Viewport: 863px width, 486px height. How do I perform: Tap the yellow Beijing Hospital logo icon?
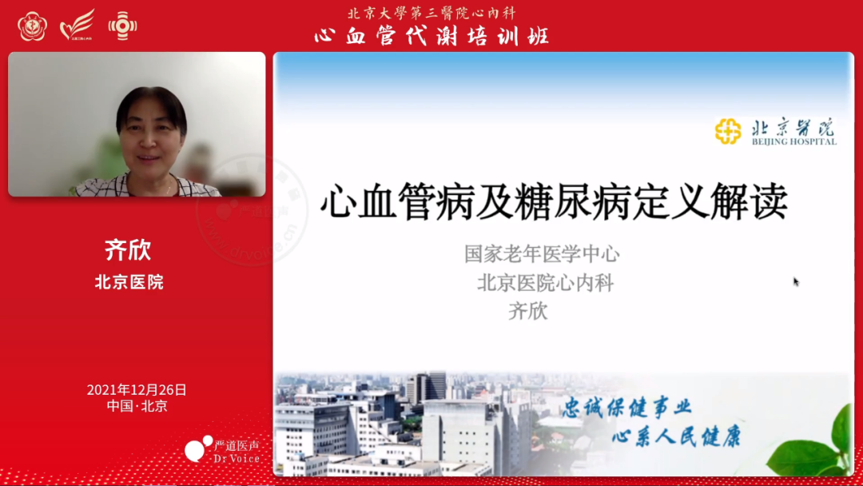[x=728, y=131]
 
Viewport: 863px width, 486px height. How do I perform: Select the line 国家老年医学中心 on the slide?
[x=542, y=254]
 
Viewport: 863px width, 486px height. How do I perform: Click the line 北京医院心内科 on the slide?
[x=546, y=282]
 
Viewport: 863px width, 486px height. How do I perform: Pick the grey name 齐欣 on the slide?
[x=528, y=311]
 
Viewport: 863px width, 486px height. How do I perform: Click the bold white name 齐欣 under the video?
[x=128, y=249]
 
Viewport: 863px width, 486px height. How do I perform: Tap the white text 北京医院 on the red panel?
[x=129, y=281]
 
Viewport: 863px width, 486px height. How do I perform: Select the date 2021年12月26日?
[x=137, y=390]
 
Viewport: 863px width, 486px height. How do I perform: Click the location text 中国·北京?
[x=137, y=406]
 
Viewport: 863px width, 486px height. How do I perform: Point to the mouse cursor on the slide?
[x=796, y=281]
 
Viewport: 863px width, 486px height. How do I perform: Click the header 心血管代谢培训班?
[x=431, y=35]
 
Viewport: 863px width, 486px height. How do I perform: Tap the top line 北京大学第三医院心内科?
[x=431, y=13]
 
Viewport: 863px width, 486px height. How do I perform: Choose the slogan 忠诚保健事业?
[x=626, y=407]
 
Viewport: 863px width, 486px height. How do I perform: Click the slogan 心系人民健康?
[x=676, y=436]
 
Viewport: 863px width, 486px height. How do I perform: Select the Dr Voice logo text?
[x=237, y=459]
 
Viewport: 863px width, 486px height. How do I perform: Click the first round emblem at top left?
[x=32, y=26]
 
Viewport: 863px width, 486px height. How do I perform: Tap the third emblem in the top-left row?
[x=122, y=26]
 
